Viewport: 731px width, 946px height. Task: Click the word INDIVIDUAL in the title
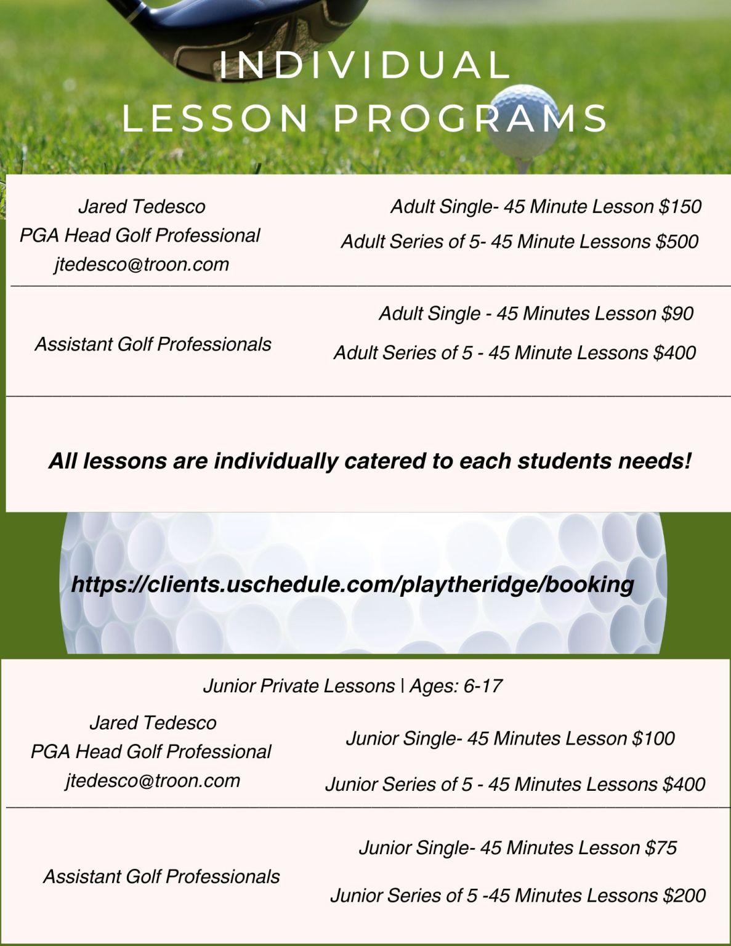tap(365, 65)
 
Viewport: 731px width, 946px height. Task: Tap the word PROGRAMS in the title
tap(471, 118)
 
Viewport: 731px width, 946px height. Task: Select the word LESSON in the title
tap(216, 118)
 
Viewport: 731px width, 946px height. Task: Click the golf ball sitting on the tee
tap(523, 120)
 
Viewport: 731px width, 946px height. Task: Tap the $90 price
tap(677, 313)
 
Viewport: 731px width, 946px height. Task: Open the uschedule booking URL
tap(352, 584)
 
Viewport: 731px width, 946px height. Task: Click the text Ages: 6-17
tap(456, 686)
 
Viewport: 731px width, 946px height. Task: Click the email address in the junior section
tap(153, 781)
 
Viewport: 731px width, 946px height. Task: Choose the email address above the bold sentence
tap(142, 265)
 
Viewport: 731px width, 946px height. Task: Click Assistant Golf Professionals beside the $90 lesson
tap(153, 344)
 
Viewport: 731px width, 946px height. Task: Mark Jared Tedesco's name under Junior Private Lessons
tap(153, 723)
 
